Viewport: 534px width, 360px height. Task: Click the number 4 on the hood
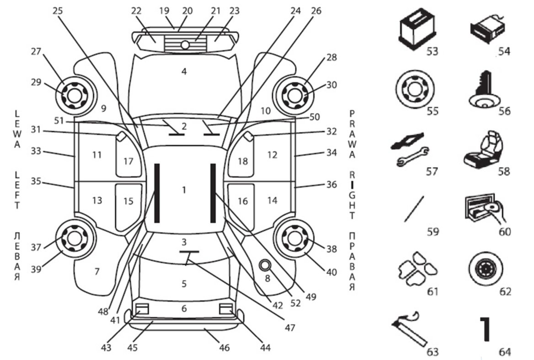point(184,72)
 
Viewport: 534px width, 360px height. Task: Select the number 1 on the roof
point(184,189)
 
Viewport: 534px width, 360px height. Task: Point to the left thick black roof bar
point(157,193)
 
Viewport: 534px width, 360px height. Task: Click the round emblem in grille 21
point(185,45)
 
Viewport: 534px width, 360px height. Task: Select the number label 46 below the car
point(224,348)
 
